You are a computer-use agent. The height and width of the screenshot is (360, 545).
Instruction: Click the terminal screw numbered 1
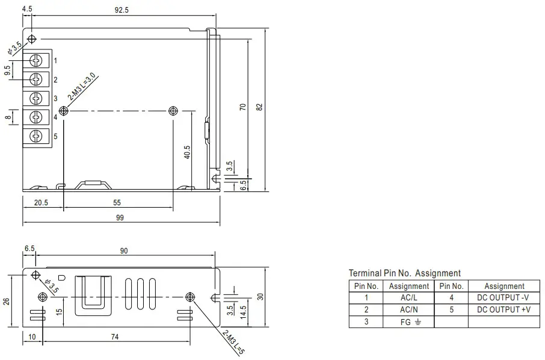(36, 60)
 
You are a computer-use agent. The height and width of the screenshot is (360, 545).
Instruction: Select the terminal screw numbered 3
(36, 98)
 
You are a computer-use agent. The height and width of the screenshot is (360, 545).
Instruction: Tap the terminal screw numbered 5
(36, 136)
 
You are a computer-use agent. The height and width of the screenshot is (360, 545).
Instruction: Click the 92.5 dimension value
(122, 9)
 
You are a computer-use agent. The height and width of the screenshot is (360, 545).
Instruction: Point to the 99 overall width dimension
(120, 218)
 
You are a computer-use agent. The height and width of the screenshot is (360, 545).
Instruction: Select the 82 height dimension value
(259, 107)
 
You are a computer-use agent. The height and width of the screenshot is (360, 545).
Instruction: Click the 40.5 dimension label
(187, 152)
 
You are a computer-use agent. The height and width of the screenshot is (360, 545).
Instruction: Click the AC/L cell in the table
(409, 297)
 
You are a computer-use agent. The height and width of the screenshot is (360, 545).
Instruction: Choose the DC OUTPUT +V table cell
(503, 309)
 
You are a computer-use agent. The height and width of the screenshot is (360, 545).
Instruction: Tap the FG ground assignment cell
(409, 322)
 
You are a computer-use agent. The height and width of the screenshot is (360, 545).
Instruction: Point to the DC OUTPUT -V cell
(503, 297)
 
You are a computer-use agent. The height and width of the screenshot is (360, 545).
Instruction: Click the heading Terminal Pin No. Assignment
(404, 273)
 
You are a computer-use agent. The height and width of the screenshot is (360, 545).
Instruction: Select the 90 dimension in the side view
(124, 251)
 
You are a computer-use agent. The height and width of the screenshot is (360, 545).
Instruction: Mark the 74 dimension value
(114, 338)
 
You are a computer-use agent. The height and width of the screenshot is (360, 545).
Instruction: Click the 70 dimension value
(242, 107)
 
